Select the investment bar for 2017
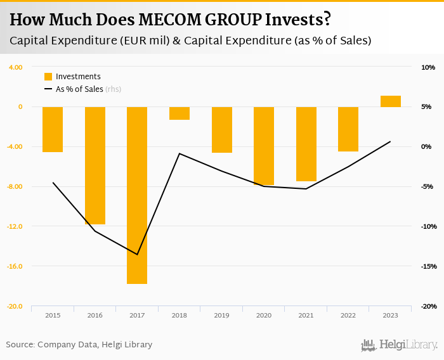(137, 195)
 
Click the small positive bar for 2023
(391, 101)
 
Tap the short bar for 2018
(180, 113)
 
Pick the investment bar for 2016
(95, 165)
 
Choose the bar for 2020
(264, 146)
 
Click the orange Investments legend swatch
(48, 77)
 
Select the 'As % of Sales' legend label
(79, 89)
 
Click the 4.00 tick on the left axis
(15, 67)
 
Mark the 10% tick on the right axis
(428, 67)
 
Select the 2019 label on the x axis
(221, 315)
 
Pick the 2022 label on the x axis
(348, 315)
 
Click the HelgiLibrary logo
(400, 345)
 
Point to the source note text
(79, 345)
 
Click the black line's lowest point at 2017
(137, 255)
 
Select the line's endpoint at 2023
(391, 141)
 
